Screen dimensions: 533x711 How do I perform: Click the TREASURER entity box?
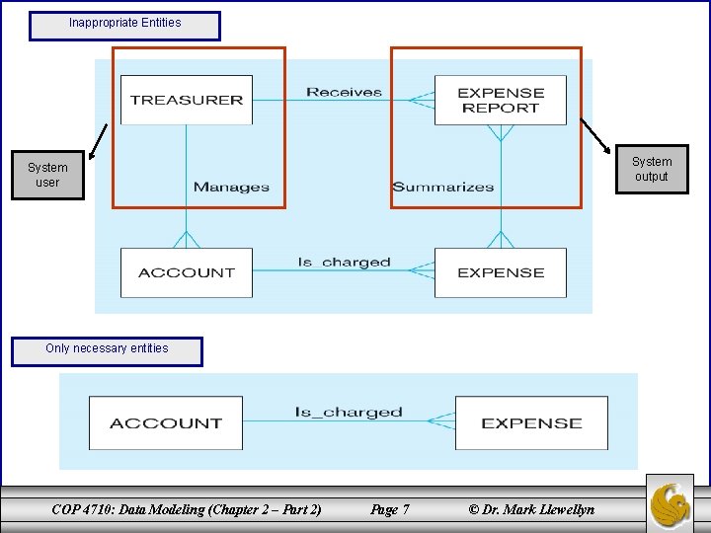click(186, 100)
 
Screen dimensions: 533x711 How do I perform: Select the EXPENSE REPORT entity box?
click(501, 100)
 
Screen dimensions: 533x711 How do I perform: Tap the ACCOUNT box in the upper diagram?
click(186, 272)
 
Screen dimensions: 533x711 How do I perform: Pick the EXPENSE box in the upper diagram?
click(501, 272)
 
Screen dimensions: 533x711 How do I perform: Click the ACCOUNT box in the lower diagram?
click(165, 423)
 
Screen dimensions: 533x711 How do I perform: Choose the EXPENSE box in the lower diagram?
click(531, 423)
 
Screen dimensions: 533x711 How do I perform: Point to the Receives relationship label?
click(344, 92)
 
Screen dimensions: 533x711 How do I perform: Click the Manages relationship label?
click(231, 187)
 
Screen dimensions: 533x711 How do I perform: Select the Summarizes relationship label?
click(442, 187)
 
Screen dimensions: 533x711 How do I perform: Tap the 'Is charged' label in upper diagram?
click(344, 263)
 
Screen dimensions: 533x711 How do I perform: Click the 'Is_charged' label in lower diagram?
click(349, 412)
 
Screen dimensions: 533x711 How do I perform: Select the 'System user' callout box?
click(48, 175)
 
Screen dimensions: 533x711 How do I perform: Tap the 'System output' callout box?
click(651, 169)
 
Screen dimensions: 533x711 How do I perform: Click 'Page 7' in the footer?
click(389, 509)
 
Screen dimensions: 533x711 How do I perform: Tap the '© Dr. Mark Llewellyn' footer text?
click(531, 509)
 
